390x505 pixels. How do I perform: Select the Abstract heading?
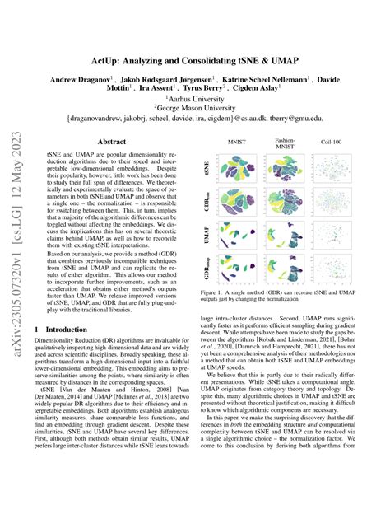[111, 141]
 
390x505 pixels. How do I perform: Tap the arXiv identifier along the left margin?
[14, 247]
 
